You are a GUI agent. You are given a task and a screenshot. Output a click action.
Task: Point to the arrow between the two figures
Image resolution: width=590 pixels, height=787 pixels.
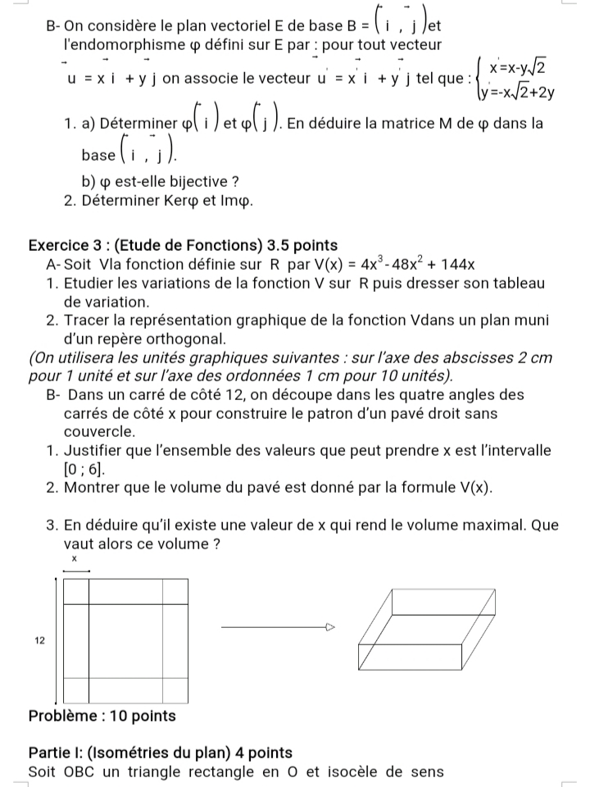click(x=279, y=628)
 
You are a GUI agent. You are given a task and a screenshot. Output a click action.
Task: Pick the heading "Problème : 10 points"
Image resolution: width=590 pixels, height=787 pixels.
click(x=102, y=716)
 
